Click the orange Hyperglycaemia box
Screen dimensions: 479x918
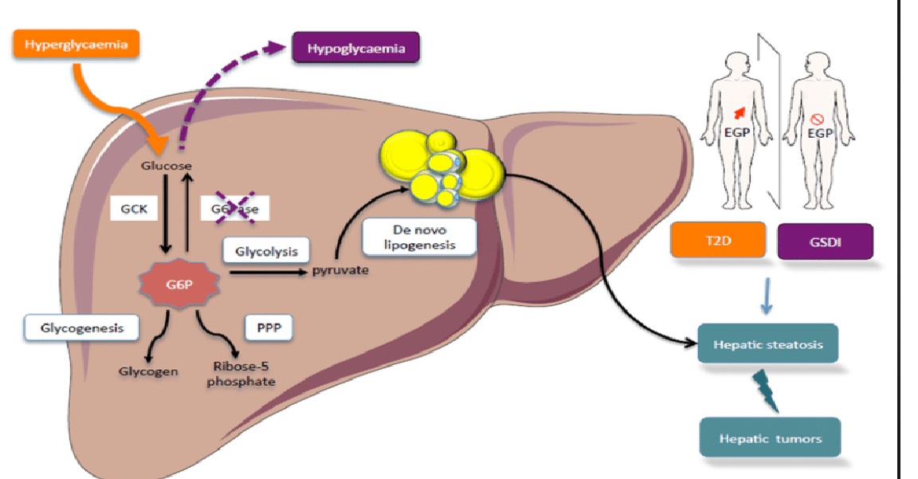tap(76, 45)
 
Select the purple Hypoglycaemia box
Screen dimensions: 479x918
tap(356, 49)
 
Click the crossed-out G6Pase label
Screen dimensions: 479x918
tap(231, 209)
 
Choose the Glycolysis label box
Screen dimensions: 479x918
tap(266, 252)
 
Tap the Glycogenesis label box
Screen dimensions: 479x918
tap(77, 327)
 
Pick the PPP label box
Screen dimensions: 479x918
tap(265, 327)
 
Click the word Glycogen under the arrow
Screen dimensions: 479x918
tap(148, 371)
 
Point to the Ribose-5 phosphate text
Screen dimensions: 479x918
tap(241, 375)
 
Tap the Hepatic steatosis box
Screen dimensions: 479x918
tap(768, 344)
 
